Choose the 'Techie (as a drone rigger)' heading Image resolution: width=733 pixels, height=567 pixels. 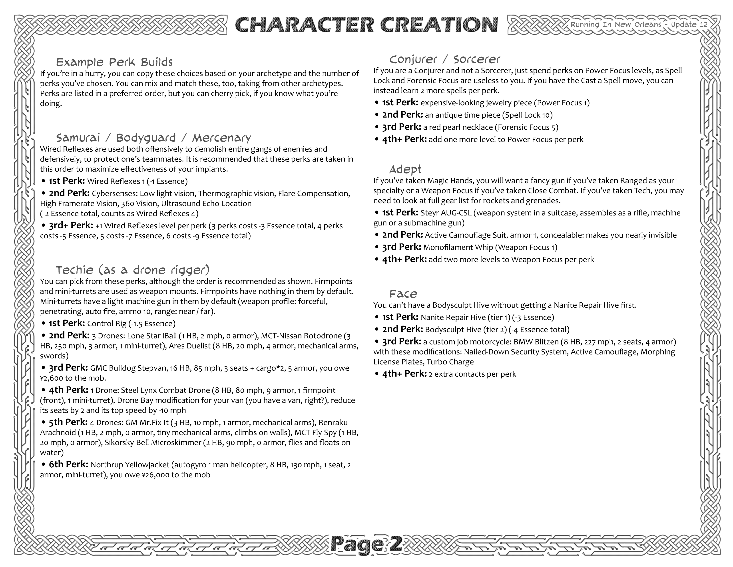[x=133, y=270]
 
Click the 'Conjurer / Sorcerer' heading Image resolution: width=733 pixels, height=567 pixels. [x=444, y=59]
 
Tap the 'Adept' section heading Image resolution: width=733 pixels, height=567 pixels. [x=405, y=169]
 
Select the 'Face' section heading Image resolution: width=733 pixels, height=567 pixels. [x=403, y=294]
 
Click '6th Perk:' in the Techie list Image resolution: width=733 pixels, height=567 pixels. [x=68, y=464]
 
